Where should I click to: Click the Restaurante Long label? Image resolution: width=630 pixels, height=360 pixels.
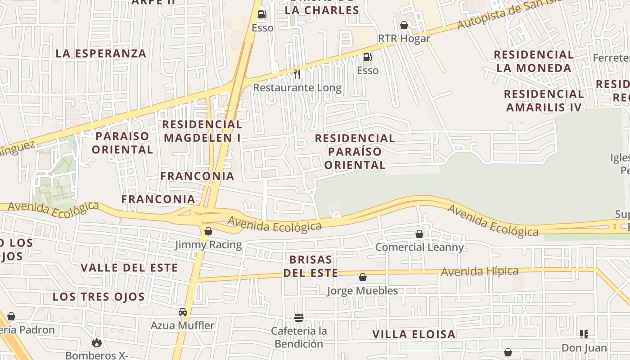[297, 88]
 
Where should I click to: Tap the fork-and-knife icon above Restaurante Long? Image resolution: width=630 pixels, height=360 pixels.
[297, 73]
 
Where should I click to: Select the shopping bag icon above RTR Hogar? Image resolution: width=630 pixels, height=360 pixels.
[404, 25]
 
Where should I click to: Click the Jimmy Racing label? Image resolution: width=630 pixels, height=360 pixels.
[208, 245]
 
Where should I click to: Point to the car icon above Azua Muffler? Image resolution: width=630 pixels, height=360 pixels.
[183, 312]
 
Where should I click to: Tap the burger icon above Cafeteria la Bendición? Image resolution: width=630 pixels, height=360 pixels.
[298, 318]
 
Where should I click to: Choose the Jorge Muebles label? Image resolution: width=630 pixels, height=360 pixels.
[362, 291]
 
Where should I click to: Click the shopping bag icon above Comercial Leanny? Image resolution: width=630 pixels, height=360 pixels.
[419, 234]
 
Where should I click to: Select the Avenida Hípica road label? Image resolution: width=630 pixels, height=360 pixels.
[480, 271]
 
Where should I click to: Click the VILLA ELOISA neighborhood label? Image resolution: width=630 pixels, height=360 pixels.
[414, 334]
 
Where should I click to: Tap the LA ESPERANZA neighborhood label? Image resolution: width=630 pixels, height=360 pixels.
[101, 54]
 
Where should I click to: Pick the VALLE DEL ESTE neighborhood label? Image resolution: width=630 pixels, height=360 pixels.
[129, 268]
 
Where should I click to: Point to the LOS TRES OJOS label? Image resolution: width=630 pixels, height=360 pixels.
[99, 297]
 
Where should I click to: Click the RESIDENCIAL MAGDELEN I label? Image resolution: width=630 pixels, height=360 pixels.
[202, 130]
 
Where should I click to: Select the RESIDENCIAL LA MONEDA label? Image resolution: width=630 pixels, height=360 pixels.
[533, 61]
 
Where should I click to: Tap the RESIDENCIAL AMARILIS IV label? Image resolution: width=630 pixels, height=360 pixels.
[544, 100]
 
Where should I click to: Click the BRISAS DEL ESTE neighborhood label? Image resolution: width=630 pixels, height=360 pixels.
[310, 266]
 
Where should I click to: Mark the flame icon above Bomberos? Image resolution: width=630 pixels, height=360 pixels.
[96, 343]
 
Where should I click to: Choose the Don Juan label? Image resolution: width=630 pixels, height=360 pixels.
[584, 348]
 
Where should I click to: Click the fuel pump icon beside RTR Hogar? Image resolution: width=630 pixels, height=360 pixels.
[367, 57]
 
